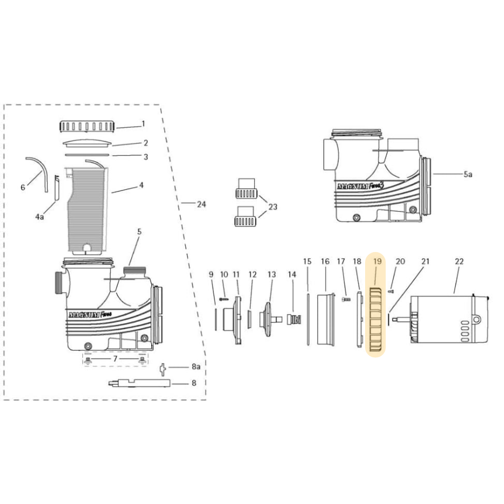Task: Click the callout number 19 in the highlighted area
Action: pyautogui.click(x=377, y=262)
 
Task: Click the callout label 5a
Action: pyautogui.click(x=468, y=175)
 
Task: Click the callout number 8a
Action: pyautogui.click(x=195, y=367)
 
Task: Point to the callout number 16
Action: pyautogui.click(x=325, y=262)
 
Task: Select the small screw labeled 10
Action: pyautogui.click(x=224, y=300)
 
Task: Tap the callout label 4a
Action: pyautogui.click(x=39, y=216)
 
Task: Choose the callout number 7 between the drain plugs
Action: pyautogui.click(x=115, y=358)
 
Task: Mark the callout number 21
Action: pyautogui.click(x=426, y=262)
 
